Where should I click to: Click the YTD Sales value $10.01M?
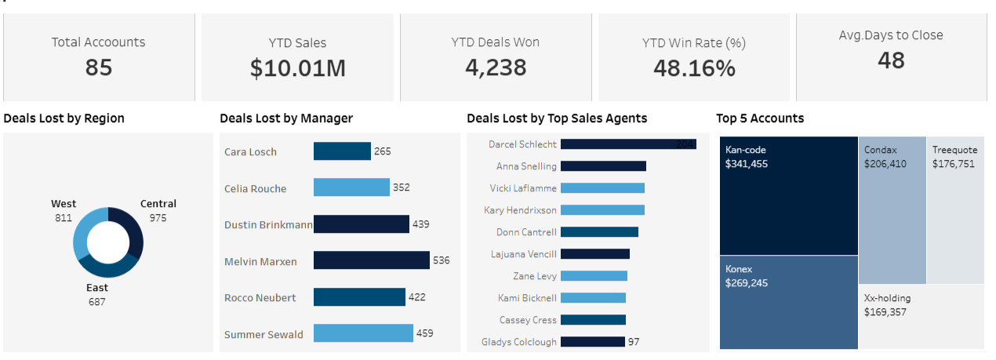click(x=297, y=68)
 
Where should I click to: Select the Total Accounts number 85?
click(x=99, y=67)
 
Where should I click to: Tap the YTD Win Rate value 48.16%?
click(x=694, y=68)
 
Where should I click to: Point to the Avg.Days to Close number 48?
click(x=891, y=60)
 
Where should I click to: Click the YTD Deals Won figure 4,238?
click(x=496, y=67)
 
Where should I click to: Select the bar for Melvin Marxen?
click(x=371, y=260)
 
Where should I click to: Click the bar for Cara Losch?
click(x=342, y=151)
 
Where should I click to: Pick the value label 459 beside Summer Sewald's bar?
click(x=425, y=333)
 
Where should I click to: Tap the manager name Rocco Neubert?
click(x=260, y=298)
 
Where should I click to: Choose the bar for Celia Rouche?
click(x=351, y=187)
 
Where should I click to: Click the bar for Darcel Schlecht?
click(x=628, y=144)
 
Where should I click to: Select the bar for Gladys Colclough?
click(x=593, y=342)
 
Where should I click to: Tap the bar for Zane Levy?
click(x=594, y=276)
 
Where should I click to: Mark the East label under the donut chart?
click(x=97, y=288)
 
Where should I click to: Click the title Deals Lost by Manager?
click(x=286, y=118)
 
